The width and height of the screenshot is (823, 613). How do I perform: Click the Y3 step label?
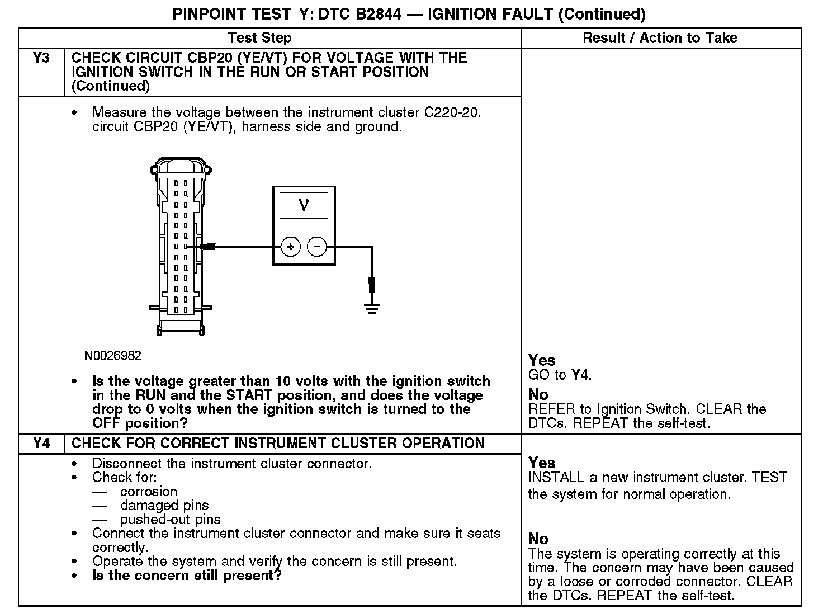tap(41, 58)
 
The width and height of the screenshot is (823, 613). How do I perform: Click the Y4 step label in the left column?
tap(41, 444)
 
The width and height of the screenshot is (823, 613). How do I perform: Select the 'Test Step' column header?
tap(260, 38)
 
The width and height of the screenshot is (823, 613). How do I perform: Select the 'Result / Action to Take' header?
tap(660, 38)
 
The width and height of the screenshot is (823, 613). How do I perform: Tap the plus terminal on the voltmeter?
tap(290, 247)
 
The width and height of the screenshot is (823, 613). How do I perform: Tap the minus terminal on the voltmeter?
tap(317, 247)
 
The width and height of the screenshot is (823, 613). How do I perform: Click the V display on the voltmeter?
tap(304, 205)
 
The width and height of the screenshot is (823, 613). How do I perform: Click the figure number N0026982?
tap(113, 356)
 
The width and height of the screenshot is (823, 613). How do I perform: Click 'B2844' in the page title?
tap(377, 14)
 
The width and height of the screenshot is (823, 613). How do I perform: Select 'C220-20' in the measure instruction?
tap(452, 112)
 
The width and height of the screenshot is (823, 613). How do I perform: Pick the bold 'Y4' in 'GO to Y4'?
tap(580, 375)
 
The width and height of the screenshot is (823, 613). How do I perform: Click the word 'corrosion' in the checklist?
tap(149, 492)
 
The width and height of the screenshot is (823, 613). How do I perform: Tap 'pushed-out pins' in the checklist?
tap(171, 520)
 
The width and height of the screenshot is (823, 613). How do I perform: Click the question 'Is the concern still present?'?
tap(187, 576)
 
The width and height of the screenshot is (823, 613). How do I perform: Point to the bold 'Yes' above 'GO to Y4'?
tap(542, 360)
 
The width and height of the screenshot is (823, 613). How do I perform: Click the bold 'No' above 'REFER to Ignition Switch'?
tap(538, 394)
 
